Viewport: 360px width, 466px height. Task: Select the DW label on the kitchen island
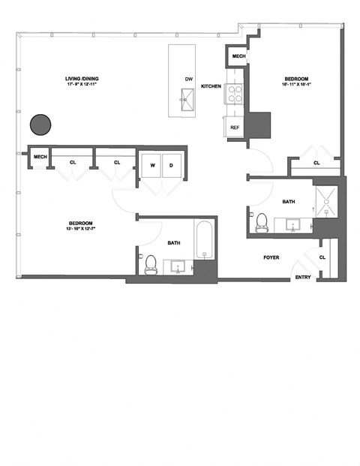187,79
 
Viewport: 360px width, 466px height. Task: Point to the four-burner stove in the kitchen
235,94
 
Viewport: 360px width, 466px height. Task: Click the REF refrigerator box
235,128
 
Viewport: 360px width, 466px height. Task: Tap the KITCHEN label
211,86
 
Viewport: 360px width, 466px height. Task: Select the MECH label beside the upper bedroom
238,57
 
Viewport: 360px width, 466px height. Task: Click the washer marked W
151,164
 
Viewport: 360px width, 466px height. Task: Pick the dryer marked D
171,164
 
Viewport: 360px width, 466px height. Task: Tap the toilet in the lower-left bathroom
150,263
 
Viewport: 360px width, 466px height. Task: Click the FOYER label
271,257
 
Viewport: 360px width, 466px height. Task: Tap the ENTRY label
303,278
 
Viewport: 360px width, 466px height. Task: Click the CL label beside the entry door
322,257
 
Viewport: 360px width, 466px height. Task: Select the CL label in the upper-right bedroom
316,162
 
